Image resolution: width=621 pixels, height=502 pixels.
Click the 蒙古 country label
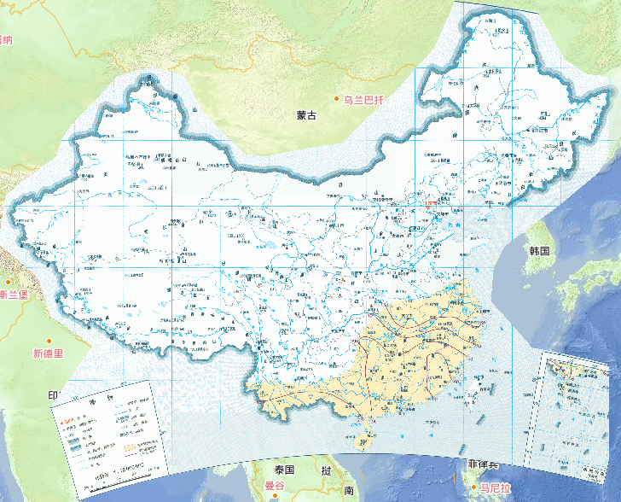click(x=305, y=115)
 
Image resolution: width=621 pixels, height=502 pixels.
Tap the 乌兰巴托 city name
click(x=364, y=100)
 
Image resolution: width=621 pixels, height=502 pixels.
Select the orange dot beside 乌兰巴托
click(x=337, y=100)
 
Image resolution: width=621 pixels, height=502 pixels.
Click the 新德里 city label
click(x=48, y=353)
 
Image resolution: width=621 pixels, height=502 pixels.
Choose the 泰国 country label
click(x=284, y=470)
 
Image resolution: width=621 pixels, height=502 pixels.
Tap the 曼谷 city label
click(x=274, y=486)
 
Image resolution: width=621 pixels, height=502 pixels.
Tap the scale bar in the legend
click(x=128, y=472)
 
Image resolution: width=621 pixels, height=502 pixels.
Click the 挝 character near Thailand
click(x=326, y=471)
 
